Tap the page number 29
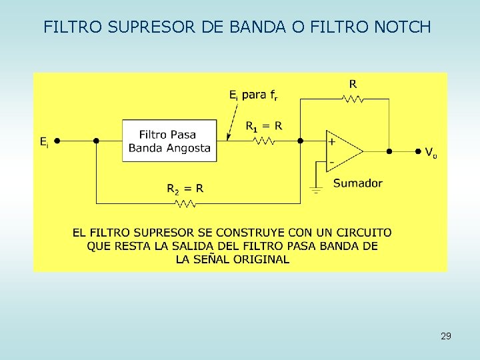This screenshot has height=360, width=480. [445, 336]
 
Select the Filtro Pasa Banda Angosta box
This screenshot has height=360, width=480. [169, 141]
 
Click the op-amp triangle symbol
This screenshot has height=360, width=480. [343, 151]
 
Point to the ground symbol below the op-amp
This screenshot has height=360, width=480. [316, 189]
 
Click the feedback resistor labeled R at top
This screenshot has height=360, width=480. [353, 99]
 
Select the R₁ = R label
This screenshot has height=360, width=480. [264, 125]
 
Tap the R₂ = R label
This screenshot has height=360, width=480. [185, 189]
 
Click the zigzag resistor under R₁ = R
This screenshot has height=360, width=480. [264, 141]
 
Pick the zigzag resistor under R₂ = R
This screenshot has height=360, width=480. [185, 203]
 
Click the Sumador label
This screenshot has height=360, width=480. [357, 183]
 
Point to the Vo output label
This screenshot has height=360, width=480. [431, 153]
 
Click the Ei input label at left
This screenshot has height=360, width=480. [43, 141]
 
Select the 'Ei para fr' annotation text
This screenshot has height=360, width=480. [253, 95]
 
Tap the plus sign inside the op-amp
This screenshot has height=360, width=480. [331, 141]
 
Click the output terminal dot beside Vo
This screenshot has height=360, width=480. [417, 151]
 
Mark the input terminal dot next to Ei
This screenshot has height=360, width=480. [57, 141]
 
